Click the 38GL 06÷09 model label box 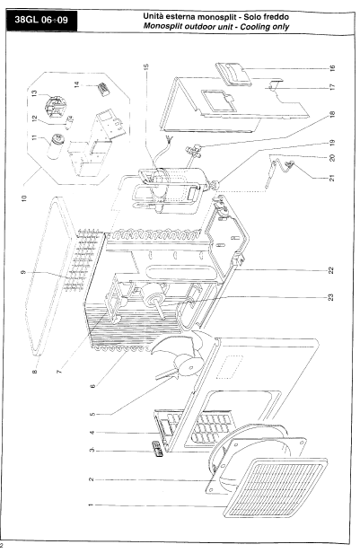[41, 20]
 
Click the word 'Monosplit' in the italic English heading [162, 26]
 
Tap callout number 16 [332, 68]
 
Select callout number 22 [330, 270]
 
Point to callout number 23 [330, 297]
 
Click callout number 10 [24, 198]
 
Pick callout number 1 [91, 505]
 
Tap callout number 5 [92, 414]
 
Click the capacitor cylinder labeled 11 [57, 146]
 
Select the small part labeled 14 [103, 89]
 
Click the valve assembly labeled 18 [194, 150]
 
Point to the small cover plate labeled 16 [233, 75]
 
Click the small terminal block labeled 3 [157, 449]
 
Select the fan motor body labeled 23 [153, 297]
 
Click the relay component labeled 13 [56, 105]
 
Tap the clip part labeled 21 [290, 163]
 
